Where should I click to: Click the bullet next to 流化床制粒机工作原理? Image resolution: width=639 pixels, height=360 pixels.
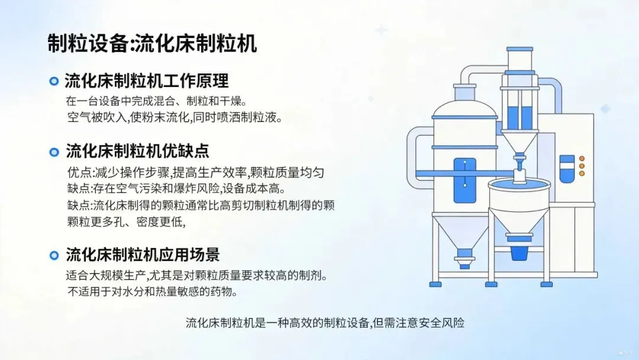(54, 81)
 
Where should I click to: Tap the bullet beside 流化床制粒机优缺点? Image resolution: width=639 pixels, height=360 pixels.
(54, 152)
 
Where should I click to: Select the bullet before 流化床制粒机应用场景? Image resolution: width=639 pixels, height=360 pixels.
(54, 255)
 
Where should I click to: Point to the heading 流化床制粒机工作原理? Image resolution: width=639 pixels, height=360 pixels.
(146, 81)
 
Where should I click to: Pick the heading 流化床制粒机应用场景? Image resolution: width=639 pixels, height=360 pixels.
(143, 255)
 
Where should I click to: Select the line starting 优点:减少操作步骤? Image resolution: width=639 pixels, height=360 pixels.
(196, 173)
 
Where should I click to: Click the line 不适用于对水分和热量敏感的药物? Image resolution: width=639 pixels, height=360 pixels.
(153, 291)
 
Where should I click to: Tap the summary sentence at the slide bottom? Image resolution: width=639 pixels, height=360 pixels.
(325, 323)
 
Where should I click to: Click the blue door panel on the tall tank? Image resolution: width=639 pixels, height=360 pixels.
(465, 181)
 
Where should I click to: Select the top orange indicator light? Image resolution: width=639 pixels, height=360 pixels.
(582, 159)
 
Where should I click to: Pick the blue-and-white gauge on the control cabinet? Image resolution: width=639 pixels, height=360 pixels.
(567, 168)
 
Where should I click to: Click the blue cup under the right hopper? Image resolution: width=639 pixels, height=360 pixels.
(518, 252)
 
